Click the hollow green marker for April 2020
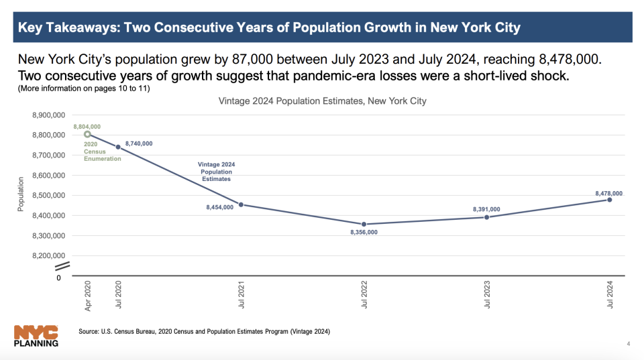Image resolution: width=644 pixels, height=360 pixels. (x=87, y=134)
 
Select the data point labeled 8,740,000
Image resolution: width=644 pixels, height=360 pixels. (x=118, y=147)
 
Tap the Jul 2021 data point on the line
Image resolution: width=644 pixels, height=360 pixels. (x=241, y=204)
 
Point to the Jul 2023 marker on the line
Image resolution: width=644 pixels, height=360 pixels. (x=486, y=217)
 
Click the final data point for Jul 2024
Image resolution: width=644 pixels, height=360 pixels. (x=609, y=200)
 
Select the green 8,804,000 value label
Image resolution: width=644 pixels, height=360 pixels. (x=87, y=126)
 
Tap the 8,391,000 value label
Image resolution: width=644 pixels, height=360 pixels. (x=486, y=209)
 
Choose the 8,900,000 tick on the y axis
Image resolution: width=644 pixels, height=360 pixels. (x=48, y=115)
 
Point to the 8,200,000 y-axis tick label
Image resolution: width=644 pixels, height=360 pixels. (x=48, y=256)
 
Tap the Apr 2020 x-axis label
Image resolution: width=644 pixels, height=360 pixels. (x=87, y=295)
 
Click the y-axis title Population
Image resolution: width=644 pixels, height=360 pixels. (x=21, y=194)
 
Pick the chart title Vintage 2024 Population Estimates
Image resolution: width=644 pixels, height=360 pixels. (x=322, y=101)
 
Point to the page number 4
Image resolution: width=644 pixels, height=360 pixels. (x=628, y=345)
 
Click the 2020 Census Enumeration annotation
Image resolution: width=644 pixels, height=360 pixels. (x=103, y=151)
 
